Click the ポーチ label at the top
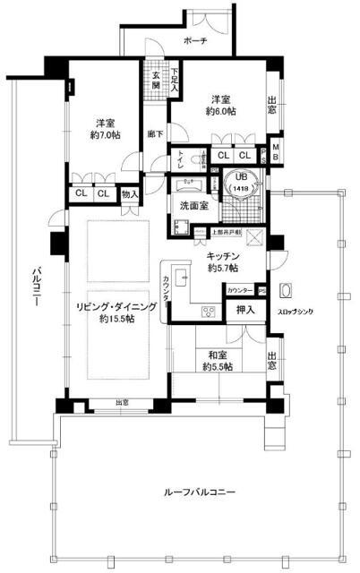pyautogui.click(x=193, y=41)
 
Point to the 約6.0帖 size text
pyautogui.click(x=224, y=112)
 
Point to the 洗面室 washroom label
pyautogui.click(x=193, y=206)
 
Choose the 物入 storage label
pyautogui.click(x=131, y=193)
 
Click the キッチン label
pyautogui.click(x=224, y=254)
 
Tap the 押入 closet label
pyautogui.click(x=244, y=311)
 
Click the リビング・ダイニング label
pyautogui.click(x=116, y=307)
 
